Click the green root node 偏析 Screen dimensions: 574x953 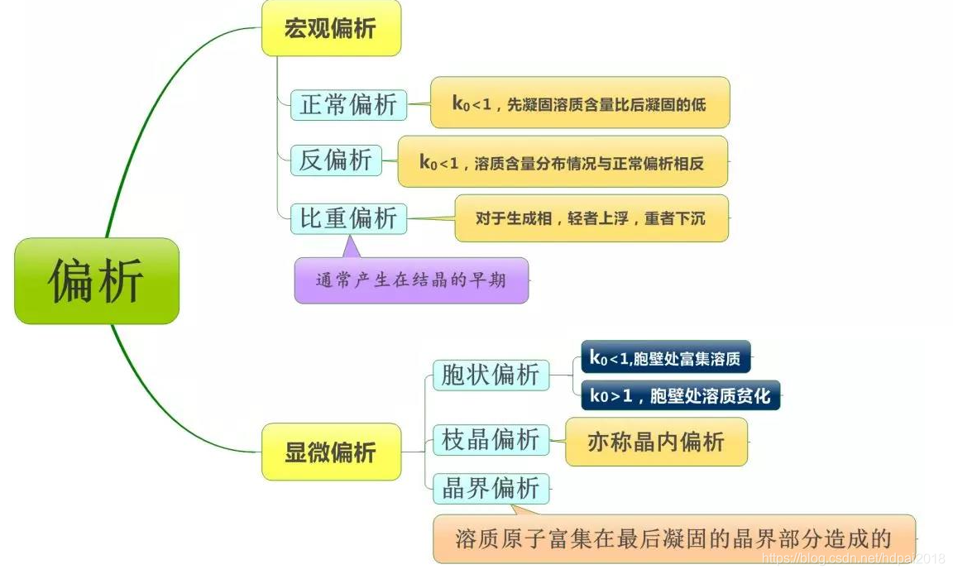(x=97, y=280)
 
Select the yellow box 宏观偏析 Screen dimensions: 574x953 (x=331, y=28)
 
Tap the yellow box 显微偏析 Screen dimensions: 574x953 (x=331, y=452)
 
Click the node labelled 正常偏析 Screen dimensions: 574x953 (x=348, y=105)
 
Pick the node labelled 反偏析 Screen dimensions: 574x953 (x=336, y=160)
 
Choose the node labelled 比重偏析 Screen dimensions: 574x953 (x=348, y=218)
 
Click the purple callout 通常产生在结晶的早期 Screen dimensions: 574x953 (x=411, y=280)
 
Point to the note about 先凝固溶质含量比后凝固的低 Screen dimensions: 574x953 (x=579, y=103)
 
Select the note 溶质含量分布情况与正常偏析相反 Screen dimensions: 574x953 (x=563, y=161)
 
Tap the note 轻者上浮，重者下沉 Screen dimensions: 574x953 (x=591, y=218)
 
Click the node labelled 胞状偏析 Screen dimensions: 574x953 (x=491, y=375)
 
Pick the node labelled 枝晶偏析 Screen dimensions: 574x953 (x=491, y=439)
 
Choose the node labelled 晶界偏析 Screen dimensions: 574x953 (x=491, y=488)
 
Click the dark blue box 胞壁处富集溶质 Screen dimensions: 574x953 (x=665, y=357)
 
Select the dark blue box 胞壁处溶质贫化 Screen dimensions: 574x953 (x=680, y=395)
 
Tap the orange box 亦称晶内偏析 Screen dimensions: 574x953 (x=656, y=442)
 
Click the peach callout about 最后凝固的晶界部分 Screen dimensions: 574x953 (x=673, y=538)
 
